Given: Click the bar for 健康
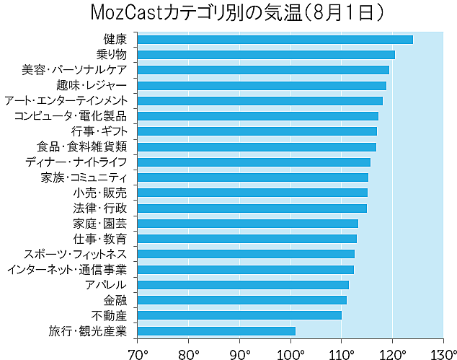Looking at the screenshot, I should coord(275,39).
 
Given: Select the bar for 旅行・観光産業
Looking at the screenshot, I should coord(216,331).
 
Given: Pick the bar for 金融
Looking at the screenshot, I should coord(241,299).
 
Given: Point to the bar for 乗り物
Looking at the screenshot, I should coord(266,54).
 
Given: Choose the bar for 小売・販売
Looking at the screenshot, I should coord(252,193).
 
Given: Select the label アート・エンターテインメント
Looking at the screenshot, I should coord(66,100).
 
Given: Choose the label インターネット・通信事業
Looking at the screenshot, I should coord(67,270).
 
